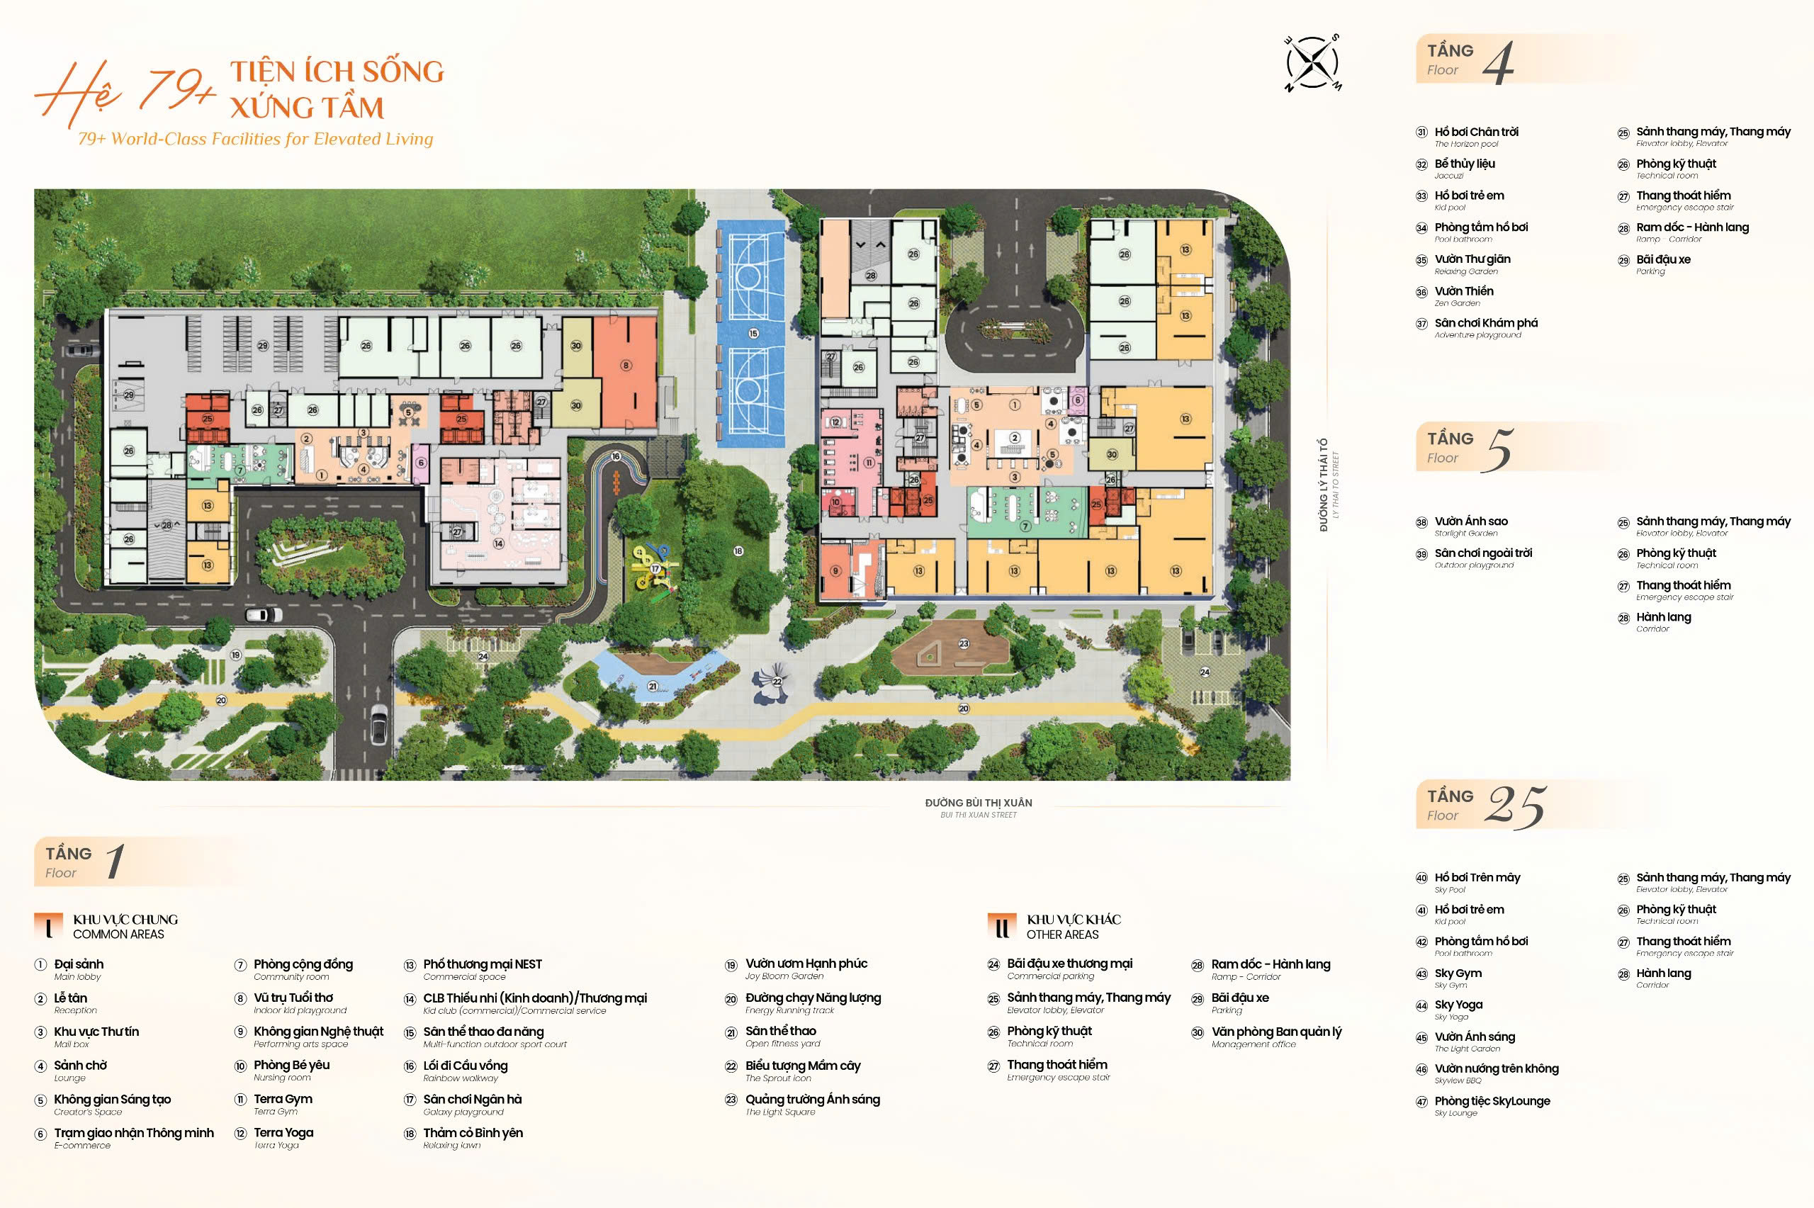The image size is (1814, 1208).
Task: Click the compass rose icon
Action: click(1312, 62)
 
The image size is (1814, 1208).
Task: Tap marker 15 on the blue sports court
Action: click(753, 334)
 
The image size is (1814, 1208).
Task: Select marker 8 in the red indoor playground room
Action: click(626, 365)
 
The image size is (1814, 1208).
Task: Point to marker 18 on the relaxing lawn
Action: click(738, 551)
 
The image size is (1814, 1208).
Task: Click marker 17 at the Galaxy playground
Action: click(655, 568)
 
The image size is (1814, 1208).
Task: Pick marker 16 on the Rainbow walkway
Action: click(616, 457)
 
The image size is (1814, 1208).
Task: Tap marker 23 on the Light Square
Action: click(964, 643)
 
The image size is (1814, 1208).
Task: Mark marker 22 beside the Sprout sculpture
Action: click(777, 682)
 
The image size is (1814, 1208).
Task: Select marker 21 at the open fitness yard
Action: click(653, 686)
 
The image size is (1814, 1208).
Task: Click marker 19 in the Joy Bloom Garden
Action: click(236, 655)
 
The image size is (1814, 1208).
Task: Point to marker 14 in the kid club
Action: click(498, 544)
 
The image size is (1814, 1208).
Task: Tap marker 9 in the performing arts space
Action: click(835, 571)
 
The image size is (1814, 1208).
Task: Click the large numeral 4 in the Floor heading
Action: click(1498, 62)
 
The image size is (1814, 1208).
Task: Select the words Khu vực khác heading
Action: click(1073, 919)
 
